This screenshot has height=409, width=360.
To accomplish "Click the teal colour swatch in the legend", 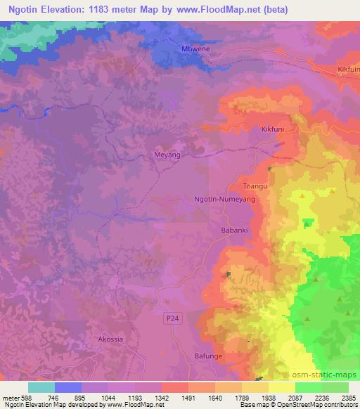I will (41, 387).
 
